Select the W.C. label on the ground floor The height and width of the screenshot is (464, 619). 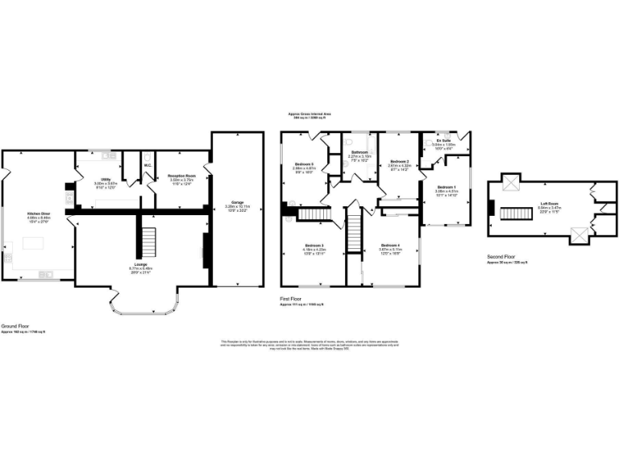pyautogui.click(x=147, y=166)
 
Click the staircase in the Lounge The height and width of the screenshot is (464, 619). pyautogui.click(x=147, y=238)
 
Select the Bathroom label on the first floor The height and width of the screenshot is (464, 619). pyautogui.click(x=359, y=152)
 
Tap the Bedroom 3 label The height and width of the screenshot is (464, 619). pyautogui.click(x=314, y=245)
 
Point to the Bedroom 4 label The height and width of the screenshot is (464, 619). pyautogui.click(x=390, y=245)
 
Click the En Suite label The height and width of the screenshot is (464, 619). pyautogui.click(x=444, y=140)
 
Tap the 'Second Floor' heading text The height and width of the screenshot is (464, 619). pyautogui.click(x=501, y=257)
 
